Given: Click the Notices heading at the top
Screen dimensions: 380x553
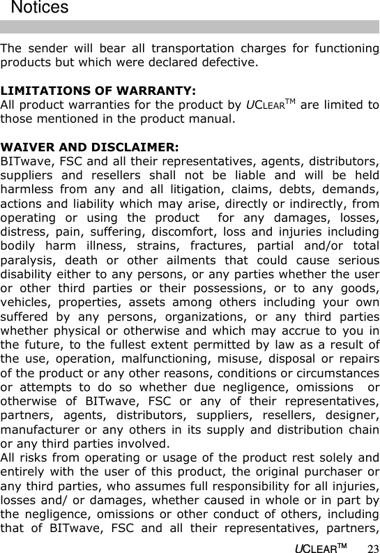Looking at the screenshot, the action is point(40,8).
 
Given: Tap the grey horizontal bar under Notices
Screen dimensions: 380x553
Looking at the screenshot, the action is point(190,27).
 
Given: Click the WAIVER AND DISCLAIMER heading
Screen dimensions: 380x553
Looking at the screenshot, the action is point(89,147).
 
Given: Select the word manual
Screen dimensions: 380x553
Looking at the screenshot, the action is point(212,119).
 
